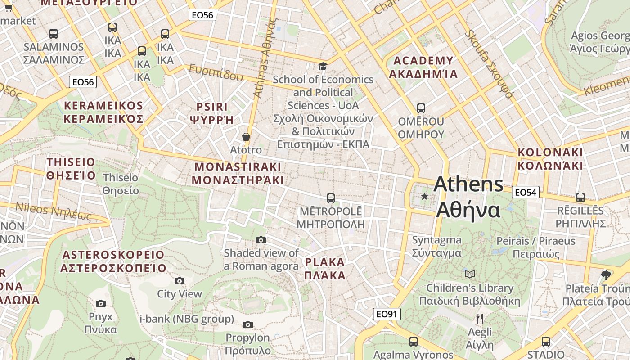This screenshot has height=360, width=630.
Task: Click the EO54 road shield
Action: (x=525, y=193)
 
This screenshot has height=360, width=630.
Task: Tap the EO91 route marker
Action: (x=387, y=314)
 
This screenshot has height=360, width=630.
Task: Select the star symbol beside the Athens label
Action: (x=424, y=196)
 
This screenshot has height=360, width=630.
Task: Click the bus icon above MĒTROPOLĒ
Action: (x=331, y=198)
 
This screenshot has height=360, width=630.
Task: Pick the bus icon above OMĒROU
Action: (x=421, y=108)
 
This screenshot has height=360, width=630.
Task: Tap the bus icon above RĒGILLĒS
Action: (x=580, y=197)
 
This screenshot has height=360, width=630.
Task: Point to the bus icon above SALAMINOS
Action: (x=54, y=33)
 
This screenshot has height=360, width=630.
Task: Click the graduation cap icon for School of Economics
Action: (x=323, y=67)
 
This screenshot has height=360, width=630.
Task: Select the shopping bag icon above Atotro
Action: (x=246, y=137)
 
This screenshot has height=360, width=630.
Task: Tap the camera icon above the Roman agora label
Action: (x=261, y=240)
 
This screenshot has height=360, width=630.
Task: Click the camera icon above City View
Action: (x=180, y=281)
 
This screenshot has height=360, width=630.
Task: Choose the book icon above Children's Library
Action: (x=470, y=274)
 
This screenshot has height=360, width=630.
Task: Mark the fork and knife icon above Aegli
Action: (x=480, y=319)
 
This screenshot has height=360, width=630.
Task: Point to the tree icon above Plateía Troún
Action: (x=606, y=275)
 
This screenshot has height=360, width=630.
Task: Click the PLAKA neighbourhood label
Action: (x=325, y=269)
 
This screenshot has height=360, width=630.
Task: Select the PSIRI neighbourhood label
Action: (x=212, y=113)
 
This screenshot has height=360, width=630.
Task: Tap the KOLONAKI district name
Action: (x=550, y=158)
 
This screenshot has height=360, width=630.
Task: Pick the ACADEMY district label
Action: (x=423, y=67)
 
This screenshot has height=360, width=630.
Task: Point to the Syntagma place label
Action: (x=436, y=246)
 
